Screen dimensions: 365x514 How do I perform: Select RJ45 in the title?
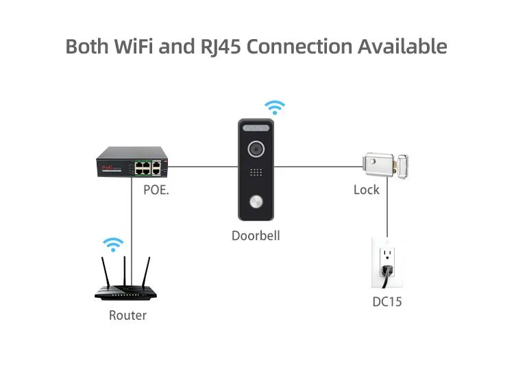click(x=215, y=47)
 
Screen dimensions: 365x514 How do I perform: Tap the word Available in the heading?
click(x=402, y=47)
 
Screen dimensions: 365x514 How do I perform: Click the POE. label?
click(x=156, y=189)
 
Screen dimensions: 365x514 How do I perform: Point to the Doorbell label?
click(x=256, y=236)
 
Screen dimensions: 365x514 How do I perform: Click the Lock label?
click(x=367, y=190)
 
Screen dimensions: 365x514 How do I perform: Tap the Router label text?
click(x=128, y=316)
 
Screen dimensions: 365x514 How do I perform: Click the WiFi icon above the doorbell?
click(x=275, y=107)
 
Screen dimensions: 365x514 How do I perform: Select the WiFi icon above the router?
click(x=112, y=244)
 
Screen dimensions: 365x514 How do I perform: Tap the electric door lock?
click(x=386, y=165)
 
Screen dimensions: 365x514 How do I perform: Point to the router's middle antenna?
click(x=125, y=270)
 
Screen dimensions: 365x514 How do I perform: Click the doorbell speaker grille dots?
click(x=256, y=174)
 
